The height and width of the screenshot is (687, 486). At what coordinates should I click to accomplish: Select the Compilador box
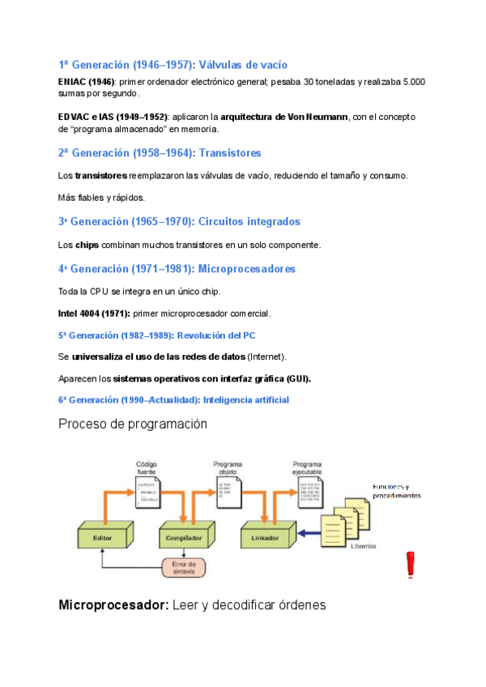(185, 536)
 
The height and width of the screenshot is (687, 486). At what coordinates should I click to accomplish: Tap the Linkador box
(265, 536)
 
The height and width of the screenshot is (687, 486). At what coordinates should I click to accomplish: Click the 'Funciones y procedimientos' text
(396, 490)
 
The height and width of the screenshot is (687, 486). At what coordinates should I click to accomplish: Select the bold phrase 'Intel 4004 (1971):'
(92, 314)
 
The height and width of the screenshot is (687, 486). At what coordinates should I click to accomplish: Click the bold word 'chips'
(87, 244)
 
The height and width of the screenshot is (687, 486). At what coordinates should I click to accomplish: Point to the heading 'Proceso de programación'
(133, 424)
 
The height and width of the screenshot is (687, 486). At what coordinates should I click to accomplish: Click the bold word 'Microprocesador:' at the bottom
(113, 604)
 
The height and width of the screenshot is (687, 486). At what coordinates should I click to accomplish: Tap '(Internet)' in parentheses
(266, 356)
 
